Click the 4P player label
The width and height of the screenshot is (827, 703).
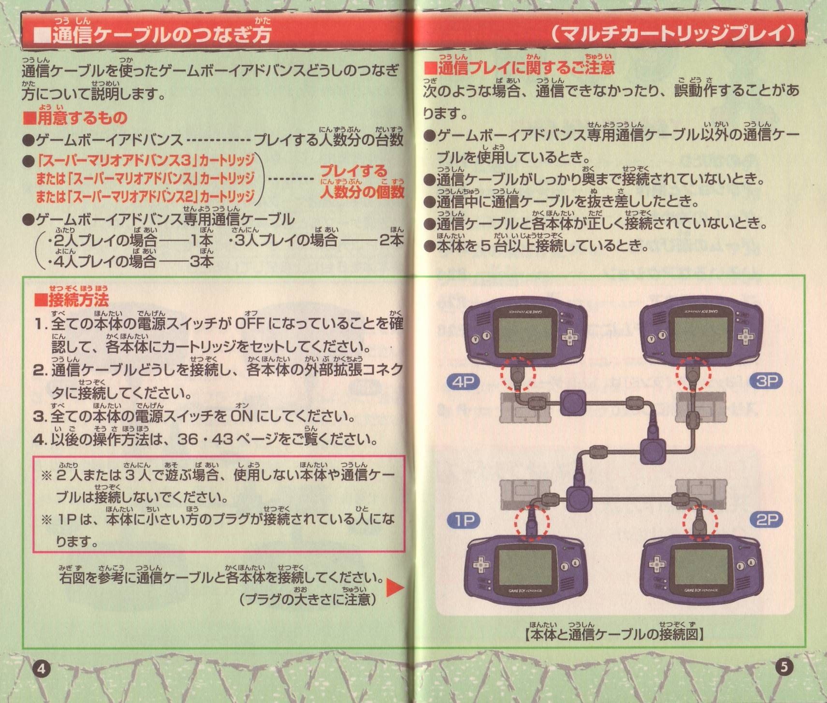coord(464,382)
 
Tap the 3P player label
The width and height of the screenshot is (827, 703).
coord(766,381)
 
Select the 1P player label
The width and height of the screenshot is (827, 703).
coord(464,520)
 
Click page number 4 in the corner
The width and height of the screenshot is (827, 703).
coord(42,669)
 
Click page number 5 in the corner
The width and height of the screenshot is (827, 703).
coord(784,667)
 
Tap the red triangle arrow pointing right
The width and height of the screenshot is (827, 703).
coord(394,587)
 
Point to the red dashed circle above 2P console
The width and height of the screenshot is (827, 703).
coord(700,522)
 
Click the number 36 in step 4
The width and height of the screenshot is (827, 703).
coord(188,439)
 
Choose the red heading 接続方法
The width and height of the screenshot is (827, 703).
coord(72,300)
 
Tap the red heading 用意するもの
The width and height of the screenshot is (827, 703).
coord(75,117)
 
